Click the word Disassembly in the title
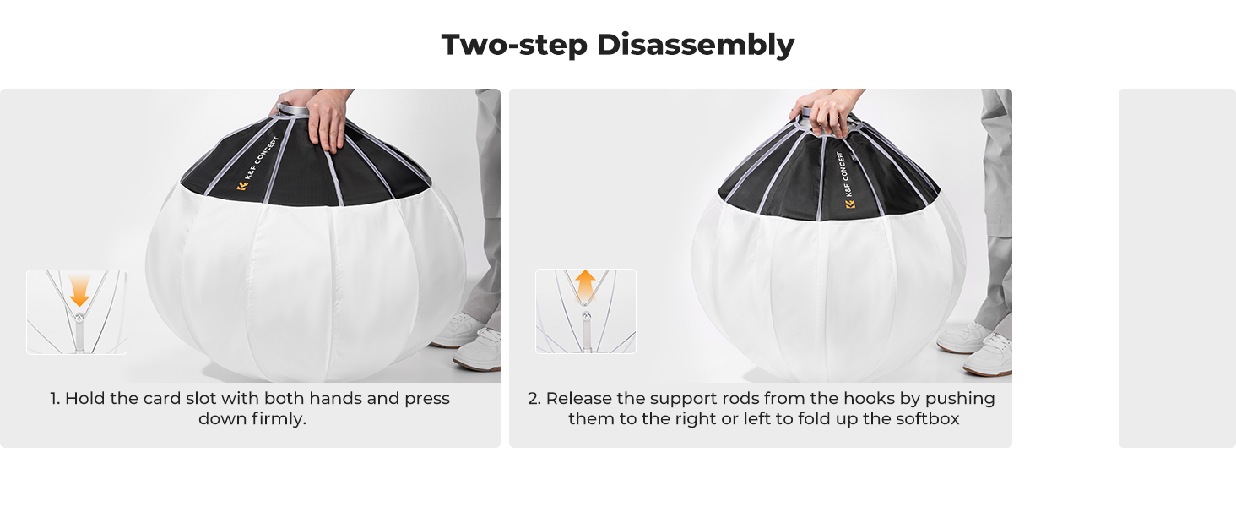(x=696, y=46)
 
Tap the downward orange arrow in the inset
(x=79, y=291)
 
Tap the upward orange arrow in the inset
(x=585, y=286)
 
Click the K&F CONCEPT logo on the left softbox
(x=257, y=163)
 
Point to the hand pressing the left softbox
(x=329, y=120)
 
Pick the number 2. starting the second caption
(x=534, y=399)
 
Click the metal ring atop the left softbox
(x=292, y=109)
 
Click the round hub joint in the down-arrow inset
(x=79, y=318)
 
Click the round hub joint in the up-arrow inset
(x=587, y=317)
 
